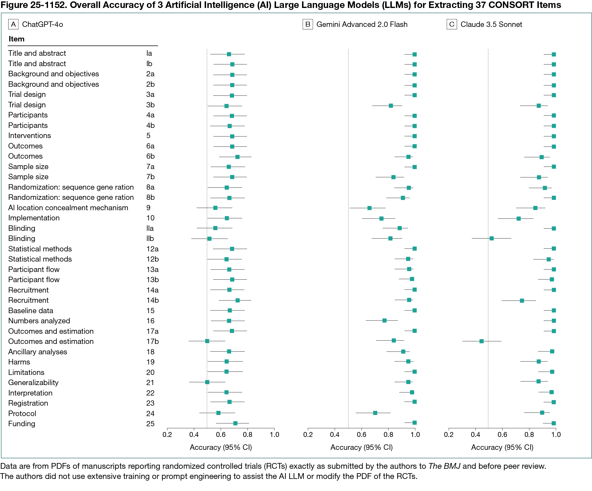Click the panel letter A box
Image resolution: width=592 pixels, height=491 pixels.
tap(13, 24)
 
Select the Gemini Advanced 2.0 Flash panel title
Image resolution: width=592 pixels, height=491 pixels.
tap(362, 24)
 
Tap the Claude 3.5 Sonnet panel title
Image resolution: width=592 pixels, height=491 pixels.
tap(491, 24)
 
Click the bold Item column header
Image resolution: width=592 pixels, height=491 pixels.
tap(16, 39)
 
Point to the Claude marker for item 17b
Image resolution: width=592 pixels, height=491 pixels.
tap(481, 341)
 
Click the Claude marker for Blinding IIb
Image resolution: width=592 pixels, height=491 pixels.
tap(492, 238)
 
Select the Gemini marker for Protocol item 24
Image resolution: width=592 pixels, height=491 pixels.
tap(375, 413)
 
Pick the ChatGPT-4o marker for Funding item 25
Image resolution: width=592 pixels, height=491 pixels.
tap(235, 423)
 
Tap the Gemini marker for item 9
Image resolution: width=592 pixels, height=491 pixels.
tap(369, 208)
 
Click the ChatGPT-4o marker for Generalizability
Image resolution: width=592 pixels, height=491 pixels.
tap(207, 382)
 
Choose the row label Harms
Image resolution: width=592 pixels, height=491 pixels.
tap(19, 362)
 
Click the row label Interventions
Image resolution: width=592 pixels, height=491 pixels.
tap(29, 136)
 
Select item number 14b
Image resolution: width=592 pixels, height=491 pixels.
tap(152, 300)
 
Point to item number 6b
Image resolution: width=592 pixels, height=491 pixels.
tap(150, 156)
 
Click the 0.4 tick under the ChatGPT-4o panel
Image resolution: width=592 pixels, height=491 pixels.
tap(194, 434)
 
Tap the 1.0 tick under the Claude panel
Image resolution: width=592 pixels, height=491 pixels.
tap(556, 434)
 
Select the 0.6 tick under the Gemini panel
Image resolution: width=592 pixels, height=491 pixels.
tap(361, 434)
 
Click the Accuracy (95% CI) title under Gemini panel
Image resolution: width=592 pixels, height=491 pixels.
tap(361, 447)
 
